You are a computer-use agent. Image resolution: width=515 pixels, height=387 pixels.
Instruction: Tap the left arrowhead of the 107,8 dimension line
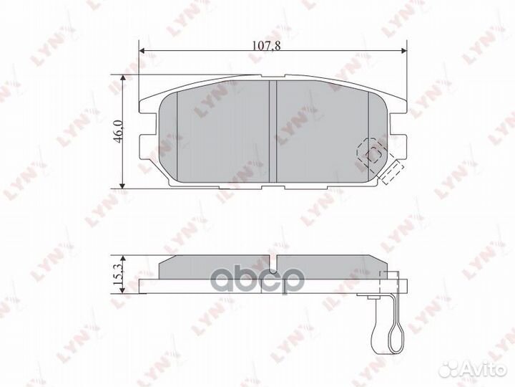(142, 52)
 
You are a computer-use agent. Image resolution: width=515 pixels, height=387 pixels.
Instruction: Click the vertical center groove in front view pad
(272, 132)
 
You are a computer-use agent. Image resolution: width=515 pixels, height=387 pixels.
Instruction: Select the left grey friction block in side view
(215, 268)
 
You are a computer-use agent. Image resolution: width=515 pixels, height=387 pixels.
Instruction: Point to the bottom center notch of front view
(272, 187)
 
